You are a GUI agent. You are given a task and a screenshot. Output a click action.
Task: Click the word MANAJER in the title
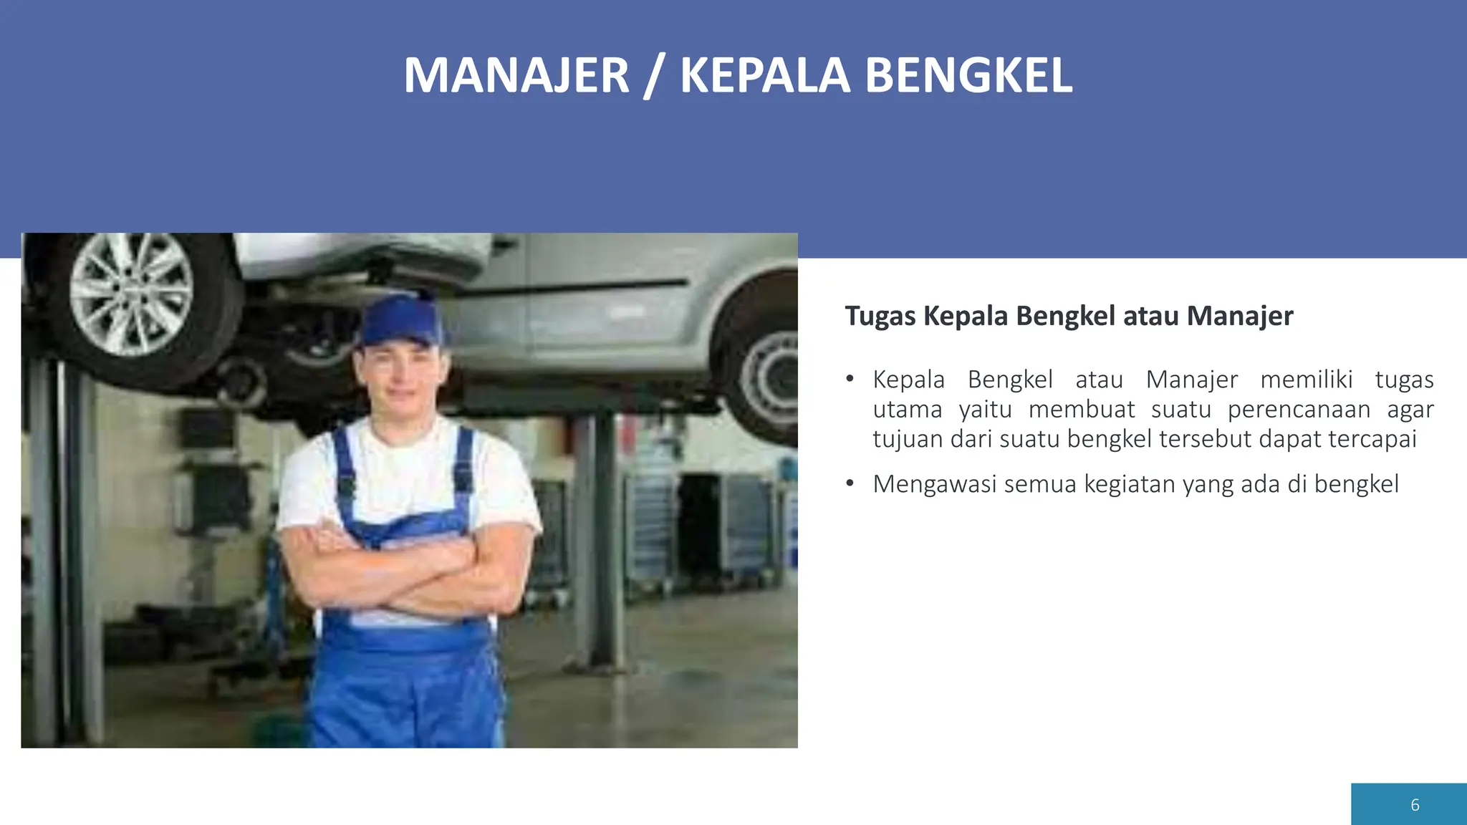coord(516,76)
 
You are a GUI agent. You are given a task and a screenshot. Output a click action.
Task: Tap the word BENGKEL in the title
coord(968,76)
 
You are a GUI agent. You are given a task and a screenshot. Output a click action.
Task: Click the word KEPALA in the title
coord(764,76)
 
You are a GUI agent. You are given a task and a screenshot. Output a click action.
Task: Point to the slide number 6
coord(1415,805)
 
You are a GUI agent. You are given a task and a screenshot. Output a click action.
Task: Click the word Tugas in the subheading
coord(880,316)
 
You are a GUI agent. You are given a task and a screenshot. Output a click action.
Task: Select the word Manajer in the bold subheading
coord(1239,316)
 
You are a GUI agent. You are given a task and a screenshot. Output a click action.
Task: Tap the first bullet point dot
coord(850,379)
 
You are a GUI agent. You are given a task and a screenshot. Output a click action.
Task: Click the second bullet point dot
coord(850,483)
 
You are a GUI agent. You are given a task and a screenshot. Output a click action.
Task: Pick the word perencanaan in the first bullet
coord(1299,410)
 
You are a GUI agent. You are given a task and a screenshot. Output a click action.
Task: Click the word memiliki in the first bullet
coord(1306,380)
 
